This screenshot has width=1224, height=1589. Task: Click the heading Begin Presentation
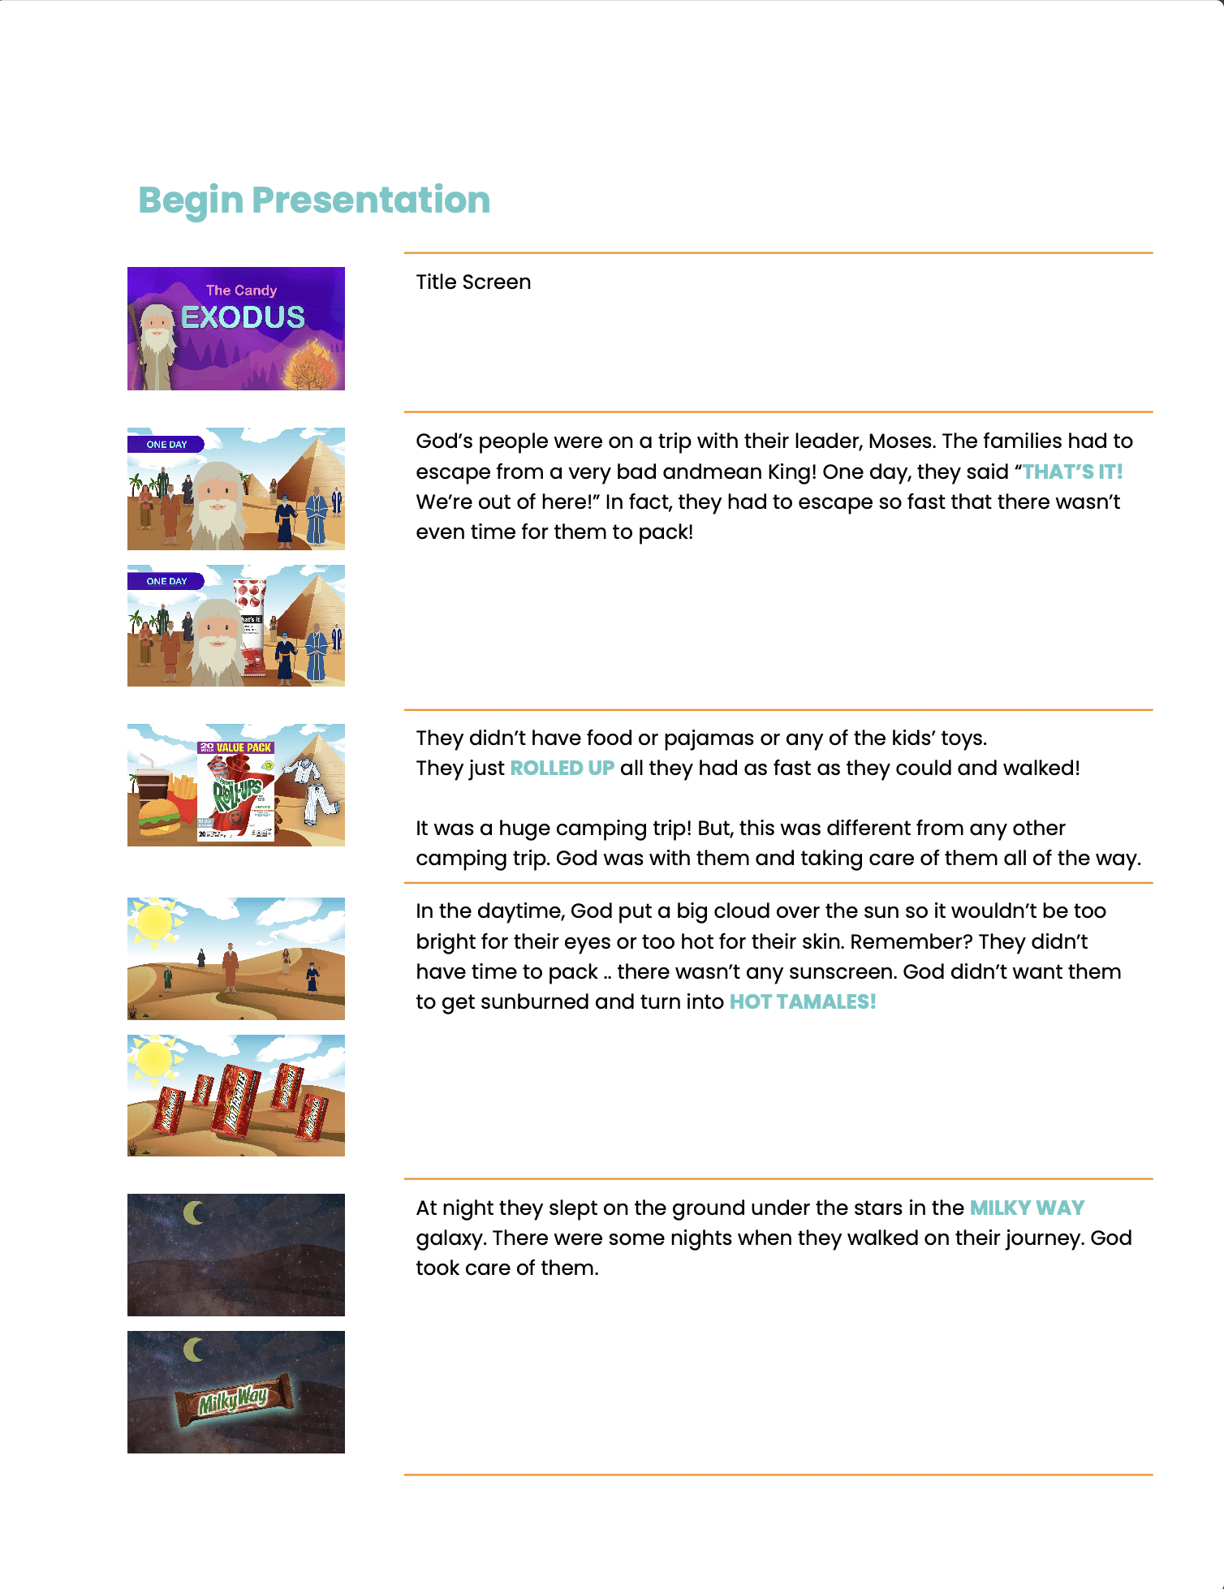tap(314, 200)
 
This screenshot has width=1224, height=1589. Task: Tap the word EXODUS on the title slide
tap(243, 317)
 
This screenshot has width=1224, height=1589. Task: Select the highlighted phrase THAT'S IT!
tap(1072, 472)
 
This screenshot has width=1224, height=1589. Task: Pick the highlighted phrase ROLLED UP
tap(562, 768)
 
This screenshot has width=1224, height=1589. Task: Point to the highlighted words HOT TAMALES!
tap(802, 1001)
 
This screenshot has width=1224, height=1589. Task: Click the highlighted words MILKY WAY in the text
tap(1027, 1208)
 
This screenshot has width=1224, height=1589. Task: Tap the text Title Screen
tap(473, 282)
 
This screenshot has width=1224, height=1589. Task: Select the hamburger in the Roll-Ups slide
tap(160, 816)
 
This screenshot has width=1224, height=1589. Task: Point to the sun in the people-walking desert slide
tap(154, 923)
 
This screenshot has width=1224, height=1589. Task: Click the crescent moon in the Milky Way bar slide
tap(193, 1350)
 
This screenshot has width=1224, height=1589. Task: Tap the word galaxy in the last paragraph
tap(450, 1238)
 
